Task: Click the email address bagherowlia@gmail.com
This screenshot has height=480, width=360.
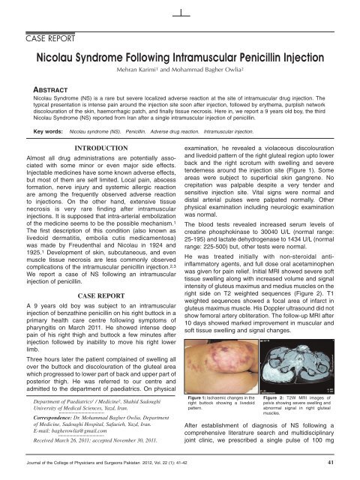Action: click(82, 432)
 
